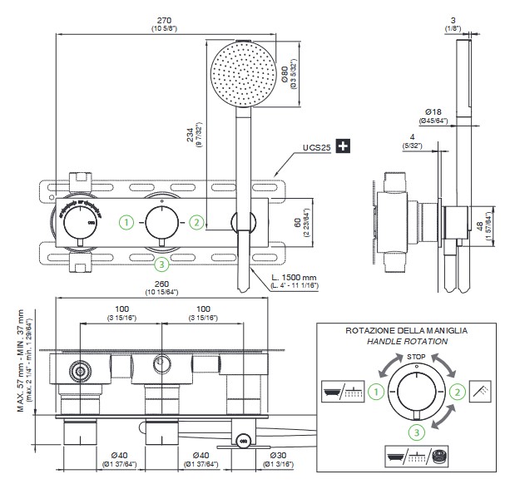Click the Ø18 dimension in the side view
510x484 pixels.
point(433,111)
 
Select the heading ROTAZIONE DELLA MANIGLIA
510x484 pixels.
point(406,330)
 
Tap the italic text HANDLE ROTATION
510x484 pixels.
point(406,341)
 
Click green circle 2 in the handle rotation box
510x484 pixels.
point(457,391)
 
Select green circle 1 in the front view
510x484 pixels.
point(125,222)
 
